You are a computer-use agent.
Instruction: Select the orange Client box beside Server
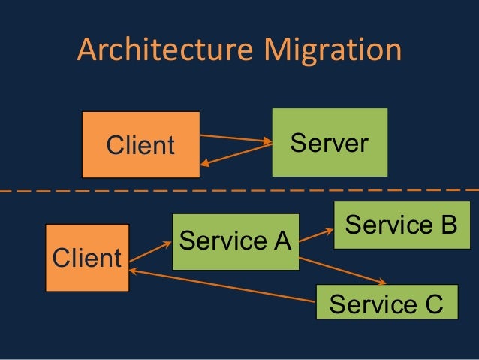pyautogui.click(x=140, y=144)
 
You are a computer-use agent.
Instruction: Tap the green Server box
pyautogui.click(x=330, y=142)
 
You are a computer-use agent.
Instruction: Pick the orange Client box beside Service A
pyautogui.click(x=86, y=258)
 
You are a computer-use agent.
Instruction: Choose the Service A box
pyautogui.click(x=235, y=241)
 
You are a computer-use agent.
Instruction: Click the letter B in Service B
pyautogui.click(x=448, y=225)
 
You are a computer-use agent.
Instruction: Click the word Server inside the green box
pyautogui.click(x=330, y=142)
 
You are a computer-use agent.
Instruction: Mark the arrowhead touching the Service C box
pyautogui.click(x=383, y=283)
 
